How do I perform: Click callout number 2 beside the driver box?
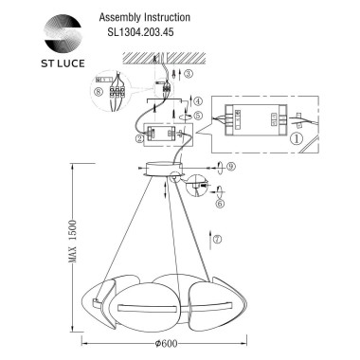pyautogui.click(x=141, y=139)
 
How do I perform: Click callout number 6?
pyautogui.click(x=219, y=202)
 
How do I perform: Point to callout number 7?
pyautogui.click(x=218, y=239)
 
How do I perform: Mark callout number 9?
pyautogui.click(x=230, y=168)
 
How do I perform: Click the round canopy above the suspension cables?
pyautogui.click(x=168, y=171)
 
